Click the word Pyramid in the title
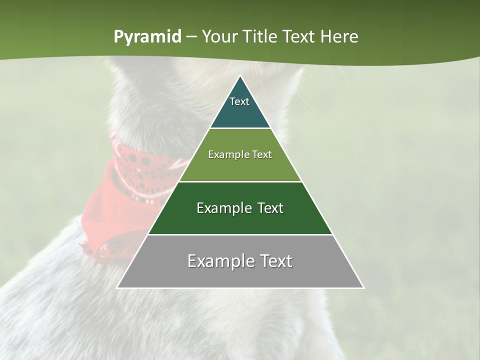pos(147,37)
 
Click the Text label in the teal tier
pos(239,101)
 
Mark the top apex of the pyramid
pos(240,76)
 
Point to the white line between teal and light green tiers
pos(240,128)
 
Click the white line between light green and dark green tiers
pos(240,181)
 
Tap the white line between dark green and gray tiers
pos(240,234)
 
